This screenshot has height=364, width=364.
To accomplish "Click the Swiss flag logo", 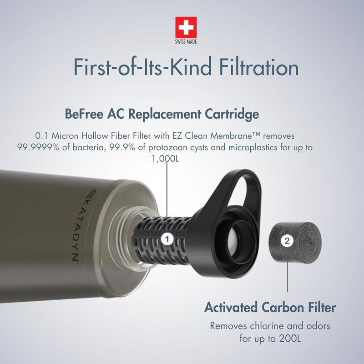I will click(x=186, y=27).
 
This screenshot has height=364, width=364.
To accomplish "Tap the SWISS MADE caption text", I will click(x=186, y=42).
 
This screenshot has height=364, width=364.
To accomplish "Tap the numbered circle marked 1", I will click(x=167, y=238).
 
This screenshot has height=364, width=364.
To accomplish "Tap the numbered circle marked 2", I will click(x=287, y=242).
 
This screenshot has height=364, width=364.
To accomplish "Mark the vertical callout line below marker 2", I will click(x=287, y=273).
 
